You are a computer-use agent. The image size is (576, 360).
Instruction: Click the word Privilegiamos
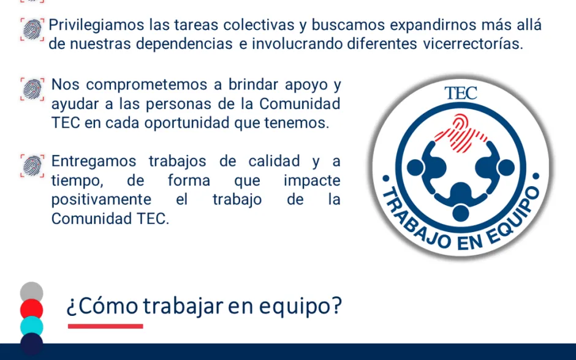[x=96, y=26]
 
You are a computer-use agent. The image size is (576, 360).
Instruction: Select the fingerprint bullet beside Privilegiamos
[x=32, y=29]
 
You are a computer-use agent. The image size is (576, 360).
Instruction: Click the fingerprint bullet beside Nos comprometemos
[x=32, y=89]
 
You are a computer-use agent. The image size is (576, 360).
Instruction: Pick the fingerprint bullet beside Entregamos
[x=32, y=166]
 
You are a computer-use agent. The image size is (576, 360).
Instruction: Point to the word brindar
[x=253, y=84]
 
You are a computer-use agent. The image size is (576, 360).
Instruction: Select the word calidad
[x=274, y=162]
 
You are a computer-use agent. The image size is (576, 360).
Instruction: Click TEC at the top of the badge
[x=461, y=93]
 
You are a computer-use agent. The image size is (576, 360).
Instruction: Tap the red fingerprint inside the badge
[x=461, y=133]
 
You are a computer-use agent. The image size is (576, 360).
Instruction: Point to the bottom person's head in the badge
[x=461, y=213]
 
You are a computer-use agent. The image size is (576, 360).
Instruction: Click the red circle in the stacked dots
[x=32, y=309]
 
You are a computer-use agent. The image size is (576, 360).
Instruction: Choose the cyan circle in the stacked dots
[x=32, y=326]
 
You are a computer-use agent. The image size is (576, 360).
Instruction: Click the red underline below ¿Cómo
[x=105, y=326]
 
